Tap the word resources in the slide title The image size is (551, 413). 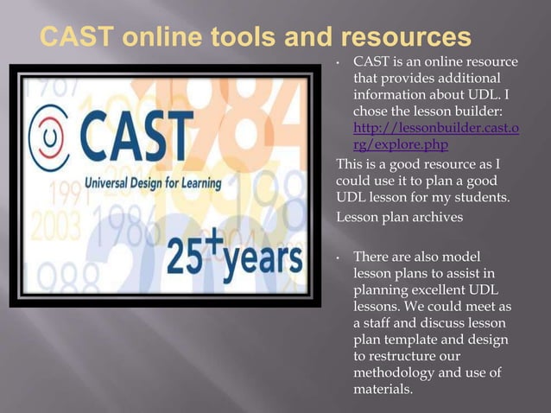pyautogui.click(x=405, y=37)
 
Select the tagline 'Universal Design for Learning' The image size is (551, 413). pyautogui.click(x=152, y=184)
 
